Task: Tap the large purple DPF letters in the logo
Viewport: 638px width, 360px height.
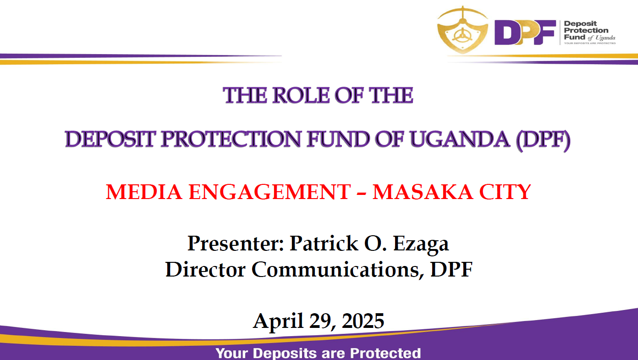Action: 525,32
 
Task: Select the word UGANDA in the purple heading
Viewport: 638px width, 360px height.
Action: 460,139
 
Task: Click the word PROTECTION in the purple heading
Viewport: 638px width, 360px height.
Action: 231,139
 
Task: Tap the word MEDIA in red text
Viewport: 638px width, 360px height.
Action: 144,192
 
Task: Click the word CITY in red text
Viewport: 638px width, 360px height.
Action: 505,192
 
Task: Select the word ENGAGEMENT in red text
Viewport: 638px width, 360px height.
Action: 269,192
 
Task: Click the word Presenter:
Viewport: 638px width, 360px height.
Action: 236,244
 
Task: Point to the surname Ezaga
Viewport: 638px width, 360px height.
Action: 421,245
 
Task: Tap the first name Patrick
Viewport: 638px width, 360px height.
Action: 324,243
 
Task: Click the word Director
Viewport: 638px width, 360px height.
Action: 205,269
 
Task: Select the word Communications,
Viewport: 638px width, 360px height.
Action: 338,270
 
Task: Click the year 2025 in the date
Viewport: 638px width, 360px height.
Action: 363,321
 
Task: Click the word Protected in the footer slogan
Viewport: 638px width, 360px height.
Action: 385,354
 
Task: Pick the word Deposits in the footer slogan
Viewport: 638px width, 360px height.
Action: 285,354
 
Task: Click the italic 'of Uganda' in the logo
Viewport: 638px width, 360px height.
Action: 601,38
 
